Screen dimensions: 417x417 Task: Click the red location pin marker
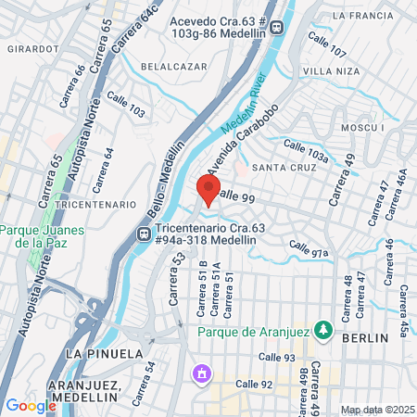coord(208,191)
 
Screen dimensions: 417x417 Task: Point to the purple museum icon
coord(200,374)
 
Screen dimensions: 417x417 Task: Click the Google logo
coord(31,405)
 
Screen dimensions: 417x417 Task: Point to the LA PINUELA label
coord(104,354)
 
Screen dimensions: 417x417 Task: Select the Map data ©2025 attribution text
coord(376,410)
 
